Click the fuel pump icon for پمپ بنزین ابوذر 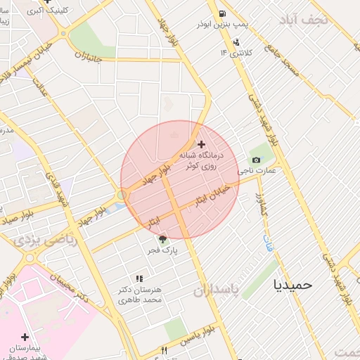222,13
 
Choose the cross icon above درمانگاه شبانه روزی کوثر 202,143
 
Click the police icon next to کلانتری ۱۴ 236,42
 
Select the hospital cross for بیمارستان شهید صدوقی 25,337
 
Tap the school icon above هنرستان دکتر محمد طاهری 139,279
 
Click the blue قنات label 268,244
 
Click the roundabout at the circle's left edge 122,195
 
